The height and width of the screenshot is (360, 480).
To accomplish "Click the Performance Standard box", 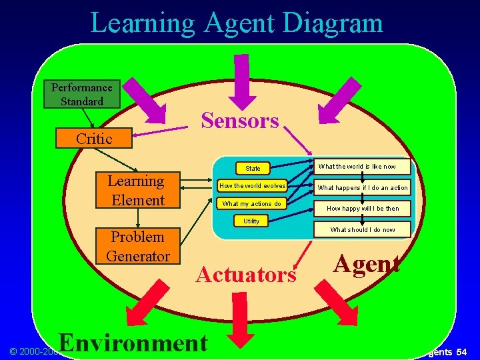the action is pyautogui.click(x=82, y=94).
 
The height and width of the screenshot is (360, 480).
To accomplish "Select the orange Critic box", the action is pyautogui.click(x=94, y=138).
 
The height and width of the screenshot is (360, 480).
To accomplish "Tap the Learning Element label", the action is pyautogui.click(x=137, y=191).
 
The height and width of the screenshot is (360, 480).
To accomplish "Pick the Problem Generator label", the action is pyautogui.click(x=137, y=246).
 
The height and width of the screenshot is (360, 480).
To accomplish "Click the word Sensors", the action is pyautogui.click(x=240, y=121).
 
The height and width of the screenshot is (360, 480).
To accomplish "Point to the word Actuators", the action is pyautogui.click(x=246, y=274).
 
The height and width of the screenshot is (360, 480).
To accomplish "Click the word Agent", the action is pyautogui.click(x=367, y=264).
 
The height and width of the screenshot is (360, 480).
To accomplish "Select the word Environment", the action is pyautogui.click(x=133, y=342).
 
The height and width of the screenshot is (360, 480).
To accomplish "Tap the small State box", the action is pyautogui.click(x=253, y=168).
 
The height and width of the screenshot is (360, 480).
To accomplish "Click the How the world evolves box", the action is pyautogui.click(x=253, y=185).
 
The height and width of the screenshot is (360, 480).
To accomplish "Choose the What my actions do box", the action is pyautogui.click(x=252, y=203).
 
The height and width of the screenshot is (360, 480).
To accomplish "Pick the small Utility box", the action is pyautogui.click(x=251, y=221).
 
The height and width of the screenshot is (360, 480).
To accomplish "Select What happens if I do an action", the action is pyautogui.click(x=363, y=188).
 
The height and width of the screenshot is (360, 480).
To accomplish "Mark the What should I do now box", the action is pyautogui.click(x=363, y=229).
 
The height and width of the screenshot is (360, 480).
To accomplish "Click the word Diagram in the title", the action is pyautogui.click(x=332, y=23).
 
